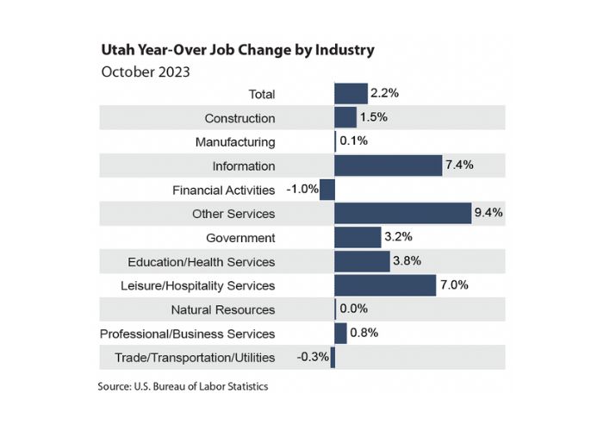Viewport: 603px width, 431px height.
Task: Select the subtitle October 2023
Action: (x=146, y=72)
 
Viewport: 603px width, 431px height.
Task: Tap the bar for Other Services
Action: (x=402, y=213)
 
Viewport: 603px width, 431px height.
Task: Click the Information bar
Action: (x=388, y=166)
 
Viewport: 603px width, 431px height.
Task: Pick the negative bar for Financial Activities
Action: (x=327, y=190)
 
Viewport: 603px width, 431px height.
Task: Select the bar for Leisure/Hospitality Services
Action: (x=385, y=285)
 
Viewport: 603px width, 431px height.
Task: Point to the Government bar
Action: (x=357, y=237)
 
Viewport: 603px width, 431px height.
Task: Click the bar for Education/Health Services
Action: (x=362, y=261)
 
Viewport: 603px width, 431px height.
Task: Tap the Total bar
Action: (x=351, y=94)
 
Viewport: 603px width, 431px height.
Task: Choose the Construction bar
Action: (x=345, y=118)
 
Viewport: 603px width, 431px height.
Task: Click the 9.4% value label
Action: (x=488, y=213)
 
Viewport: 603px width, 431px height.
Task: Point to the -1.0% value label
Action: (x=302, y=190)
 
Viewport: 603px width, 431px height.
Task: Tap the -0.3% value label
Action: (x=313, y=357)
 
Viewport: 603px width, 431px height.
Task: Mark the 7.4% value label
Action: (x=460, y=166)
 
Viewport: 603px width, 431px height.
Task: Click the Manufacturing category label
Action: (x=235, y=141)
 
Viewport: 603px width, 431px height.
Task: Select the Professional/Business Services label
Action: (x=188, y=333)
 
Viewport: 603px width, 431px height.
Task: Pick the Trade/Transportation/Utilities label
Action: (x=195, y=357)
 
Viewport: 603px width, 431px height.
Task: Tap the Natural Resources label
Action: (x=223, y=309)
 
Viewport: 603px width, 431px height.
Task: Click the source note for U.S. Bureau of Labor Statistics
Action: (x=183, y=387)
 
